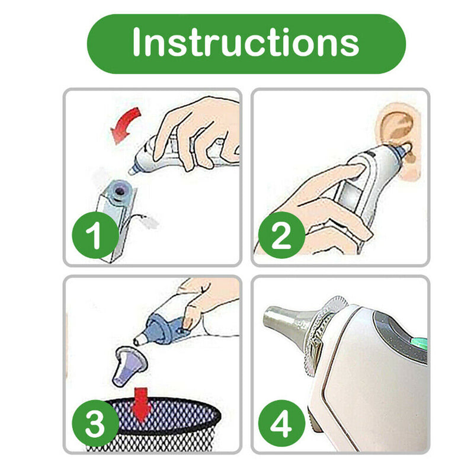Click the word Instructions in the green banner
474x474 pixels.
[246, 41]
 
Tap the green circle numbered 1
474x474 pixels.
[95, 235]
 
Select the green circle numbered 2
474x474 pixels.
[282, 235]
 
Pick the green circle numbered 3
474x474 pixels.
[95, 423]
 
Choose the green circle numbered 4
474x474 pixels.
[282, 423]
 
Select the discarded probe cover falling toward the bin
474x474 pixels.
[129, 366]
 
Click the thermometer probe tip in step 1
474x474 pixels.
[132, 171]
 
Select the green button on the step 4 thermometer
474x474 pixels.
[419, 343]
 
